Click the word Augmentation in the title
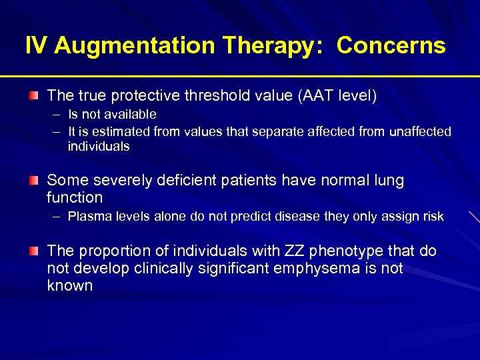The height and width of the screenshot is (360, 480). [136, 45]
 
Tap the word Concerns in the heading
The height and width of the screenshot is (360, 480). [391, 45]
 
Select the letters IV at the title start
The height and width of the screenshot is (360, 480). [37, 45]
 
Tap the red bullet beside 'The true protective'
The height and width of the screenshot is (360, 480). [33, 97]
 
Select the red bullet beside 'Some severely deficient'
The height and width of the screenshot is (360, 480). [33, 181]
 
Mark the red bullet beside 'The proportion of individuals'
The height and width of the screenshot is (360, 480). [33, 251]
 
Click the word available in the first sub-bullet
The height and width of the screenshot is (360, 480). [133, 115]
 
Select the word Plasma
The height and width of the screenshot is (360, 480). [87, 217]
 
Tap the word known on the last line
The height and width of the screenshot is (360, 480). [69, 286]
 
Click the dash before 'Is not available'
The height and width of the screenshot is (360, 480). [57, 115]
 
